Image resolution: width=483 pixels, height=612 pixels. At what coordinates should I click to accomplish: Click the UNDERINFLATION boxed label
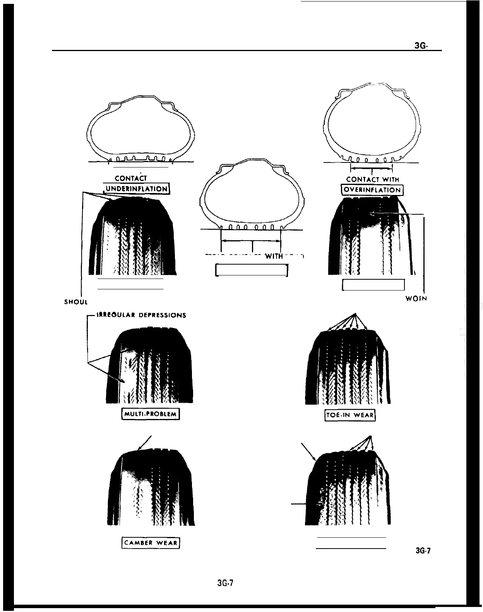137,189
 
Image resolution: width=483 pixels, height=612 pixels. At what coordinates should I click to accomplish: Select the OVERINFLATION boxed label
372,190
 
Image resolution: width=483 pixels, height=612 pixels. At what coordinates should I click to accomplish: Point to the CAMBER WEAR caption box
151,543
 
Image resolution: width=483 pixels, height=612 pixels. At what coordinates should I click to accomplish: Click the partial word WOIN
416,299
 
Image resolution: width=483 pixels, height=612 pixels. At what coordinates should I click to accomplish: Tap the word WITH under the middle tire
274,256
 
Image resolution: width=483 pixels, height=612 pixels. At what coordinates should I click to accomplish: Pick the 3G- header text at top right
421,46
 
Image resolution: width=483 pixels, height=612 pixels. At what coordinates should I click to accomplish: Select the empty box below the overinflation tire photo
373,285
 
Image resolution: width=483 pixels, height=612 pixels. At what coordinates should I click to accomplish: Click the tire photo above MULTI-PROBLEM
149,366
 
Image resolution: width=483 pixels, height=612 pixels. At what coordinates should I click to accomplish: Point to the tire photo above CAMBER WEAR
151,487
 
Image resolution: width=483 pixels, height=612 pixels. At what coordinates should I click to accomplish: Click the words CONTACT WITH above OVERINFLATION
372,179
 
